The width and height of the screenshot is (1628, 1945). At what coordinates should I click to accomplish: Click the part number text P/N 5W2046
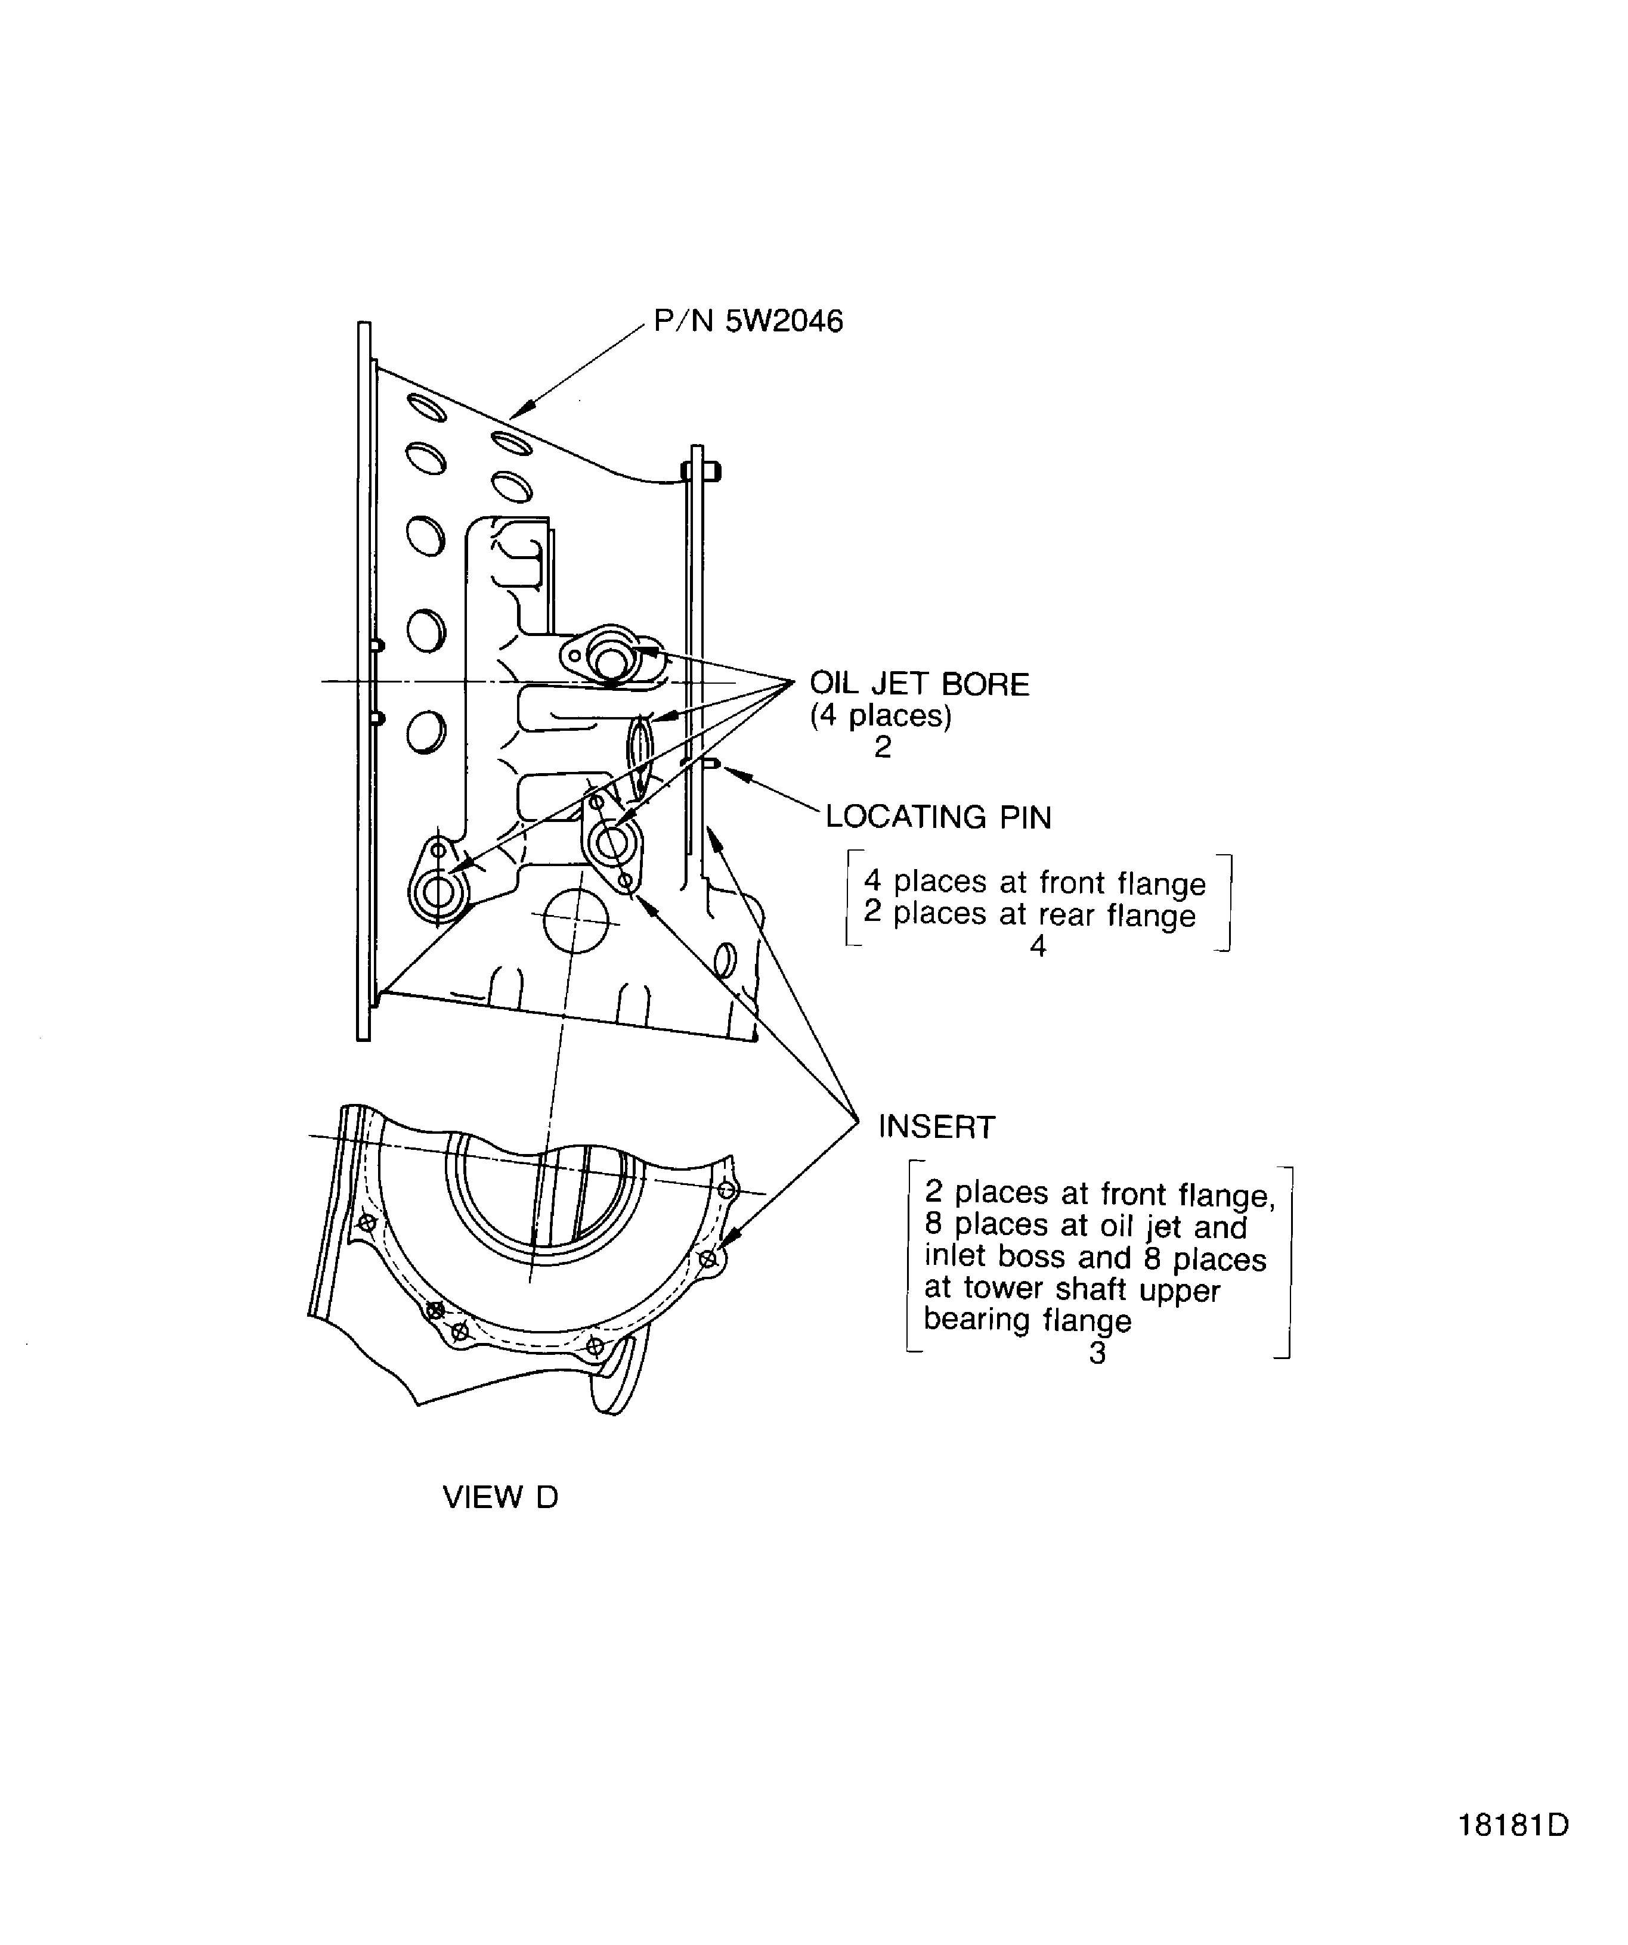748,321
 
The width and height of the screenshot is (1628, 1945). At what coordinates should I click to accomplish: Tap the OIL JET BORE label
919,684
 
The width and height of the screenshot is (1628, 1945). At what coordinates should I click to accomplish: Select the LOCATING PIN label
939,817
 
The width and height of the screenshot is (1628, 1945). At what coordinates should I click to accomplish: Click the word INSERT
937,1127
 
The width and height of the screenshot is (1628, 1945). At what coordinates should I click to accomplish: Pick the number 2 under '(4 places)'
882,746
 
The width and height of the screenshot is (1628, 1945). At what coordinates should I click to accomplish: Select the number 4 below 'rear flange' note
1038,945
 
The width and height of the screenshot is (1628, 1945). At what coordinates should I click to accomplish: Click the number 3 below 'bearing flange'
1097,1353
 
